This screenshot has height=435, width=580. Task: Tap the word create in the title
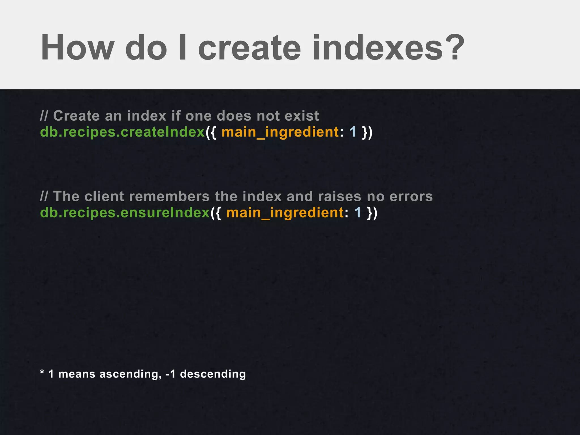point(249,48)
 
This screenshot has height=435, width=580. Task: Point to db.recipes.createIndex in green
point(122,132)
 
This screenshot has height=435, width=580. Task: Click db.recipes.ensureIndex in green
point(125,213)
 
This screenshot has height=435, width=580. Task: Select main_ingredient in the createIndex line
point(280,132)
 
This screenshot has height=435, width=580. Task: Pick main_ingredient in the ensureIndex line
point(285,213)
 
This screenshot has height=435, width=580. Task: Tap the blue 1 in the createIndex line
point(353,132)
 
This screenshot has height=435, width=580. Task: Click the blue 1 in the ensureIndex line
point(358,213)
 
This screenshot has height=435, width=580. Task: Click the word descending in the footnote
point(213,374)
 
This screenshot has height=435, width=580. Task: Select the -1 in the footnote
point(171,374)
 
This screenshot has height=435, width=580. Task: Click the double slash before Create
point(44,116)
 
